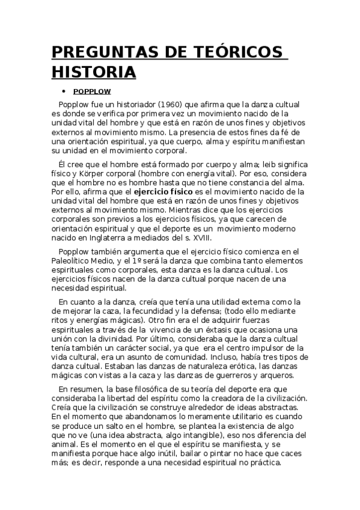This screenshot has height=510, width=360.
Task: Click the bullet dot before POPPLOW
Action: click(x=63, y=93)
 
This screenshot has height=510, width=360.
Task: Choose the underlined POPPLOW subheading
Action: click(x=92, y=93)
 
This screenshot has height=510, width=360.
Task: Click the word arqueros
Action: click(x=277, y=375)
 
